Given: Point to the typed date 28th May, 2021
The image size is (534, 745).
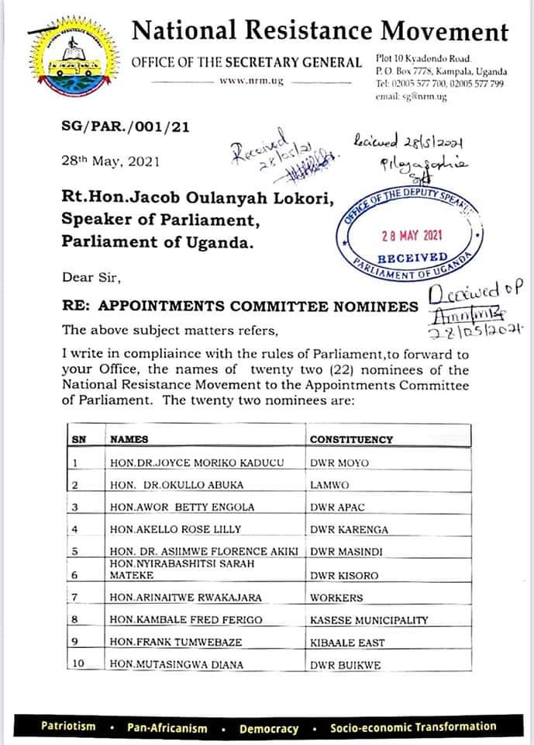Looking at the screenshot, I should [x=110, y=161].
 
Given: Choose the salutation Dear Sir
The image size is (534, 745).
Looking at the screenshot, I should [x=88, y=277].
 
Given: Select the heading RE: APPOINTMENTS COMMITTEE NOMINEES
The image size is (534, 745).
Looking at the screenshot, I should [x=240, y=307].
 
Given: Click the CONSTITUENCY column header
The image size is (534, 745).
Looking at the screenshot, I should [x=351, y=439].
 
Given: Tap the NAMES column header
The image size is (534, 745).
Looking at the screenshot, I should [x=129, y=439].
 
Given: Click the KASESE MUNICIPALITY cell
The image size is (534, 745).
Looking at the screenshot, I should [x=369, y=620].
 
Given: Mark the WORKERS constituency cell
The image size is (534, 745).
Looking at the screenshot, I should [x=336, y=598].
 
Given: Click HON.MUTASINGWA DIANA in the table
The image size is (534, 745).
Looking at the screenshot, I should [x=176, y=665].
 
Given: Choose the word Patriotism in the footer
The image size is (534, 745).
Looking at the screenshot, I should [x=69, y=727].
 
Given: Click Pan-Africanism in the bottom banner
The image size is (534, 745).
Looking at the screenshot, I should [x=169, y=728].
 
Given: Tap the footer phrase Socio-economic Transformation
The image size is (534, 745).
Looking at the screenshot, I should [x=412, y=727].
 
